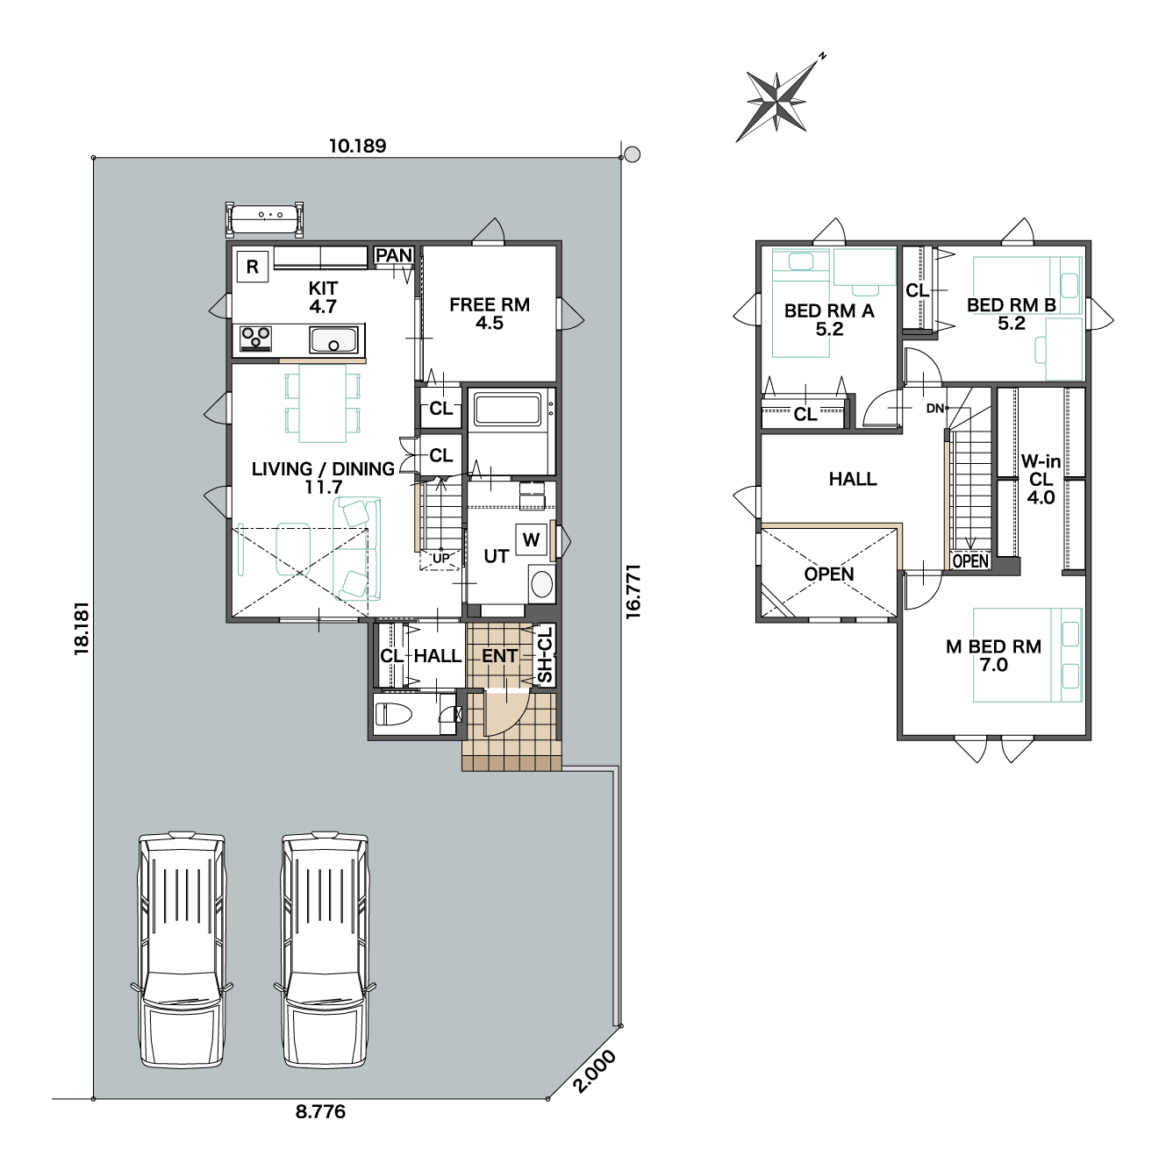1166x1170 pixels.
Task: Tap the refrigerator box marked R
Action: point(252,267)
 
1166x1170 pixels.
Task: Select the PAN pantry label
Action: point(394,255)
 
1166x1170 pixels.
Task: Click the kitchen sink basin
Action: point(333,339)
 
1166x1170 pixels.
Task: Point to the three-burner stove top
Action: point(256,339)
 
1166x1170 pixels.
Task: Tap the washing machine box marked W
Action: point(531,539)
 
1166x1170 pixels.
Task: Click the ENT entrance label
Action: point(499,656)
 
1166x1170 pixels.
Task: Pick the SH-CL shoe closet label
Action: point(545,654)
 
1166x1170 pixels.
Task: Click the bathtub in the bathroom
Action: point(507,410)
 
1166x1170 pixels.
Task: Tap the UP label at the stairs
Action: point(440,558)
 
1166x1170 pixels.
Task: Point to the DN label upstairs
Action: point(934,409)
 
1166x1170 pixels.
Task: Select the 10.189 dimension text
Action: point(358,146)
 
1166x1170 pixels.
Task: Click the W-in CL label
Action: point(1041,480)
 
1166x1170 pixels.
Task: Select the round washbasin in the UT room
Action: point(541,584)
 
